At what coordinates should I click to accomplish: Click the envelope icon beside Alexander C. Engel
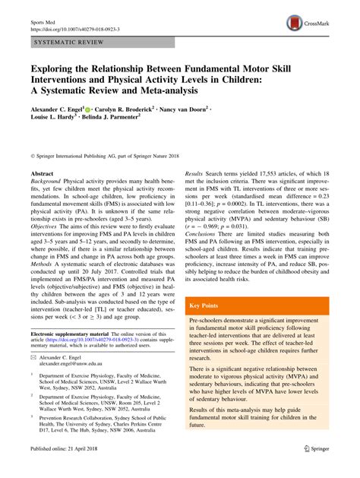point(33,377)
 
